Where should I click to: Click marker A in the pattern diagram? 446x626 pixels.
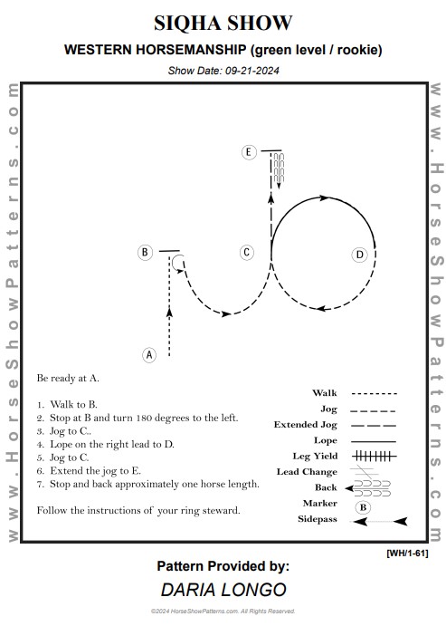click(149, 354)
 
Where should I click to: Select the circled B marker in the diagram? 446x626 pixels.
click(145, 253)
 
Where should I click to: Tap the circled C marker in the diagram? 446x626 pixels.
click(246, 253)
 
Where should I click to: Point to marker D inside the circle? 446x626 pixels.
click(359, 255)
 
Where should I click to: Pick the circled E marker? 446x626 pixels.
click(249, 152)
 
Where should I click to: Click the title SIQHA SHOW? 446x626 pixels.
click(223, 23)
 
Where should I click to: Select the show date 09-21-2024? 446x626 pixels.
click(251, 71)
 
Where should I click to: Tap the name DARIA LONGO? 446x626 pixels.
click(223, 589)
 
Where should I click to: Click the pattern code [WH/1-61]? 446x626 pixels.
click(407, 554)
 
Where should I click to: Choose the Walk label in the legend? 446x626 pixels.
click(325, 393)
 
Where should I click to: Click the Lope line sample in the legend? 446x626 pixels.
click(374, 441)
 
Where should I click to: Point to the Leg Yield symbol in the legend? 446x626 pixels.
click(375, 456)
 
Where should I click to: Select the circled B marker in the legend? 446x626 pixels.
click(363, 507)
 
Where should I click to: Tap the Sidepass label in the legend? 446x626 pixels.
click(318, 519)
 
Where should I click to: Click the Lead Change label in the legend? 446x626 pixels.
click(307, 472)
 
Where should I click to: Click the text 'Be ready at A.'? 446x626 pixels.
click(68, 378)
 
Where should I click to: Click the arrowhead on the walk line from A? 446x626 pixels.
click(169, 313)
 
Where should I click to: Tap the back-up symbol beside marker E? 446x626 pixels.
click(279, 169)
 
